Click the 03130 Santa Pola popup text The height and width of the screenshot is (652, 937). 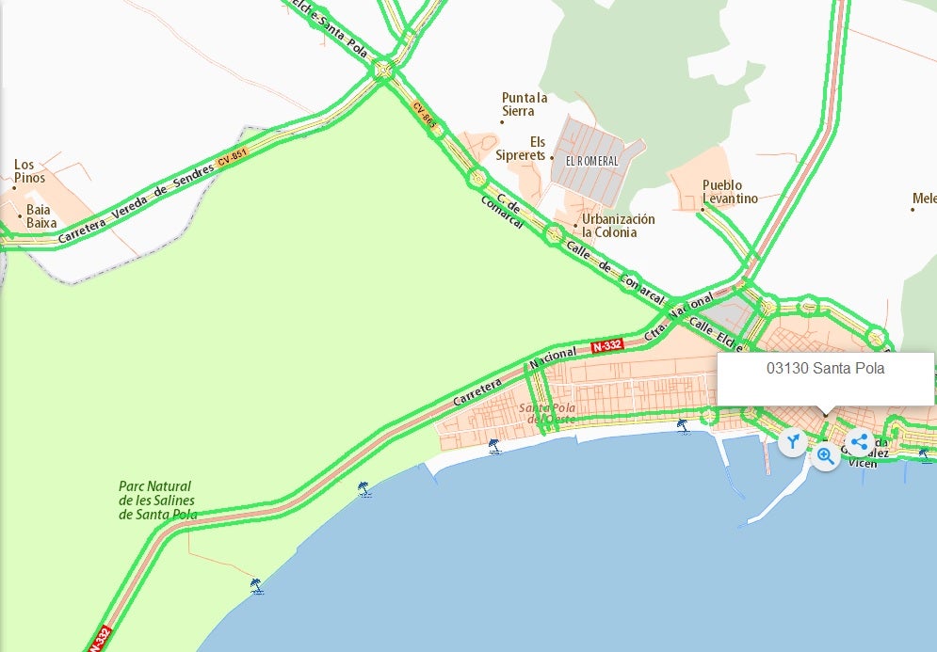pos(825,369)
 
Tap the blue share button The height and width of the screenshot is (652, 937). pos(859,441)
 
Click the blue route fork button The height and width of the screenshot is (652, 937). pos(793,441)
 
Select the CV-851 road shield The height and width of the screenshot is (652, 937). pos(231,161)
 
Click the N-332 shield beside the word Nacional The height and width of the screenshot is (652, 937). pos(608,346)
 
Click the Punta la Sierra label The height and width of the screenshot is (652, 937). pos(525,104)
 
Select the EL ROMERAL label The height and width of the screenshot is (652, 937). pos(592,161)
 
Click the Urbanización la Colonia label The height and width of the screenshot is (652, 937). pos(618,226)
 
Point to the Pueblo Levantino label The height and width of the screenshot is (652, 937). pos(730,192)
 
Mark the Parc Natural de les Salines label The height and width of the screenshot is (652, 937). pos(157,501)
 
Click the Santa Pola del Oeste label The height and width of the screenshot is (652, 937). pos(547,413)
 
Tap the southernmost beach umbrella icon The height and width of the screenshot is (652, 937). pos(255,585)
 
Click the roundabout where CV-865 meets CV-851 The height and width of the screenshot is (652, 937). pos(384,69)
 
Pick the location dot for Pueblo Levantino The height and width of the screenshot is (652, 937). pos(702,209)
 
